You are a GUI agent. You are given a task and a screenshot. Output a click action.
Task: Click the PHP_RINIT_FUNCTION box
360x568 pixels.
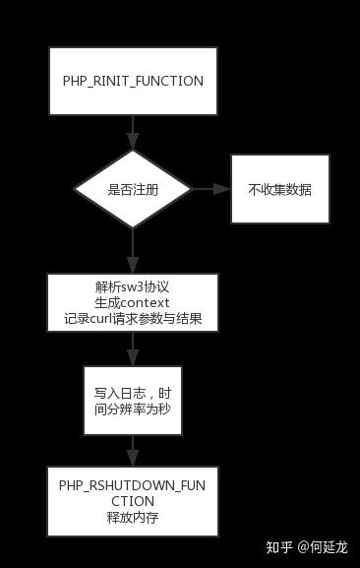click(x=132, y=81)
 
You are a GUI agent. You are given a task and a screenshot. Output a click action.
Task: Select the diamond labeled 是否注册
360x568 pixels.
click(x=132, y=188)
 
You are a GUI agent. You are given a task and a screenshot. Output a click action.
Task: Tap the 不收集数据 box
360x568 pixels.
click(x=280, y=188)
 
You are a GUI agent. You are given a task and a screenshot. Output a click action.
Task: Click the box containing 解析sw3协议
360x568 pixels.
click(x=132, y=303)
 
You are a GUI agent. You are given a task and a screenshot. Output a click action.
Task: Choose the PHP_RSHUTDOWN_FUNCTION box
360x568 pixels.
click(x=132, y=502)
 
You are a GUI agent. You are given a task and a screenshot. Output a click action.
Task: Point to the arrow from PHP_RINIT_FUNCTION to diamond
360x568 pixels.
click(x=132, y=132)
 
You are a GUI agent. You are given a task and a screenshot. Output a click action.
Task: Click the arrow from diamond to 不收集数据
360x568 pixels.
click(x=209, y=188)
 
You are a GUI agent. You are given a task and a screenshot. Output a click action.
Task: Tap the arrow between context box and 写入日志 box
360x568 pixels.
click(x=132, y=350)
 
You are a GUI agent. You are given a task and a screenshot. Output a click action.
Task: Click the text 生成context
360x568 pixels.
click(x=132, y=303)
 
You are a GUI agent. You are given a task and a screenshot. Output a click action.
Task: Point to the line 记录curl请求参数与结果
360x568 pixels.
click(x=132, y=320)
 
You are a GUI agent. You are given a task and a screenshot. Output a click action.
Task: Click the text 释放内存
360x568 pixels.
click(x=132, y=518)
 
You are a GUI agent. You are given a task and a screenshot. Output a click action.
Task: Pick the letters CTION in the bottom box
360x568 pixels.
click(x=132, y=502)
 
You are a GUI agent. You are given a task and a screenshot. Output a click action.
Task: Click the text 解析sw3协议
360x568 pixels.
click(x=132, y=286)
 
